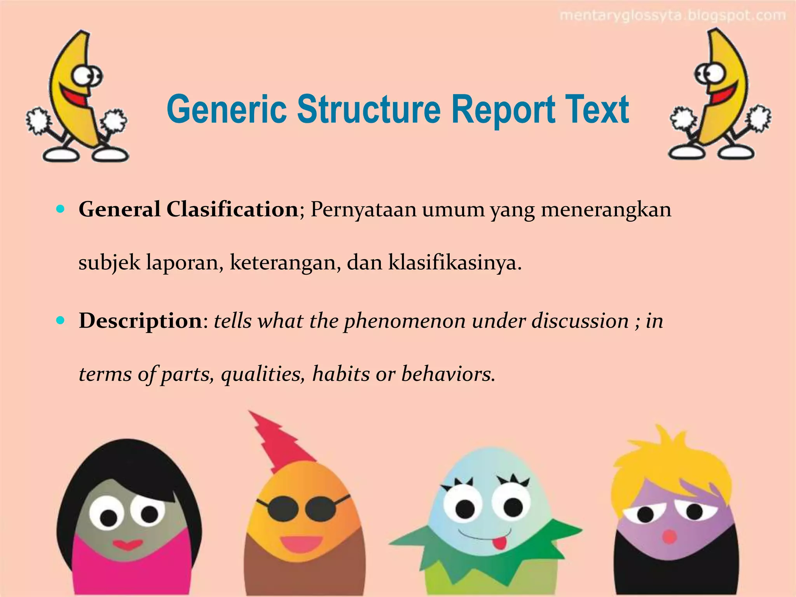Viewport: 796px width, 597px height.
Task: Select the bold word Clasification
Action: point(232,209)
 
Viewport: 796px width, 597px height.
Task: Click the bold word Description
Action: point(140,321)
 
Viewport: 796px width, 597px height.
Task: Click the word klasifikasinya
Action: point(454,263)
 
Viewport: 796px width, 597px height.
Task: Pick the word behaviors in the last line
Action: point(448,374)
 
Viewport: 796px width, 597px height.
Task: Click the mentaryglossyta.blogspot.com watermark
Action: point(672,16)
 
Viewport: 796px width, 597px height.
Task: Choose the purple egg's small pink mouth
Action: point(669,536)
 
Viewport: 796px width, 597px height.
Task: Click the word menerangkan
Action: point(606,210)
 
